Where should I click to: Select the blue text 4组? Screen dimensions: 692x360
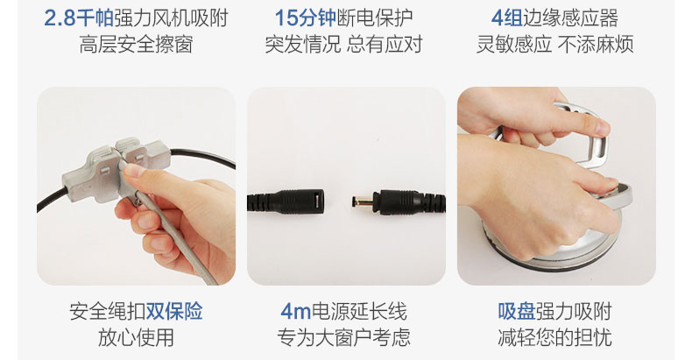(506, 18)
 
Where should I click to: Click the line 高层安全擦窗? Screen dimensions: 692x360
(137, 45)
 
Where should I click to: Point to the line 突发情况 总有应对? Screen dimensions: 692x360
(343, 45)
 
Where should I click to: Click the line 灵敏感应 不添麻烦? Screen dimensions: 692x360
(554, 45)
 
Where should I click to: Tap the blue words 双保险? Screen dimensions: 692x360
(174, 311)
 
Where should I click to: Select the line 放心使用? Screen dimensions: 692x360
(136, 337)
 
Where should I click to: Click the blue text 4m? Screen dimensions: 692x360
(296, 312)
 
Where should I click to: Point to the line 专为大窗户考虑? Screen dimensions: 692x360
(343, 337)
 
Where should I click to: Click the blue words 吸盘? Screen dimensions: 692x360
(516, 311)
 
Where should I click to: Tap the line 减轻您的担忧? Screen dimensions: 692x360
(554, 337)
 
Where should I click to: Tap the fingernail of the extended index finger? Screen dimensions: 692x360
(602, 128)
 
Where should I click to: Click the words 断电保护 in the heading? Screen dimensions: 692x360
(375, 18)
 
